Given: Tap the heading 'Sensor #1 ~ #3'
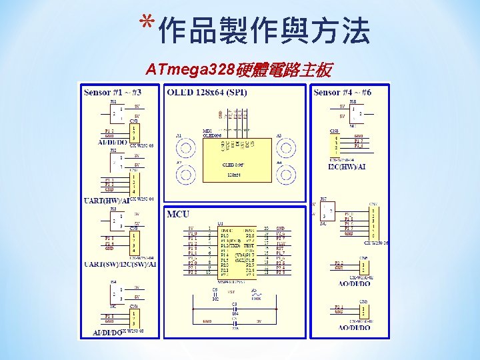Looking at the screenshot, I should [112, 92].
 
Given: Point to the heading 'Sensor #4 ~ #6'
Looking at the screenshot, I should [342, 92].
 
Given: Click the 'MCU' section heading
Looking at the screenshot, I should [178, 214].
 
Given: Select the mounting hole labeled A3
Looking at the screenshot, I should [286, 145].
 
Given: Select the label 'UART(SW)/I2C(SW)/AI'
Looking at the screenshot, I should [120, 264].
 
